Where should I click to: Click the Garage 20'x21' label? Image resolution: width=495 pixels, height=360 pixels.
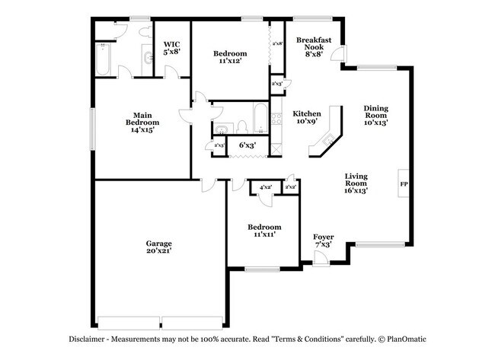158,247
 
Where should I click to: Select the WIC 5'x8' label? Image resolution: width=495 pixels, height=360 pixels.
172,47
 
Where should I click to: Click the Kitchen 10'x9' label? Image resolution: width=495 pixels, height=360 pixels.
307,118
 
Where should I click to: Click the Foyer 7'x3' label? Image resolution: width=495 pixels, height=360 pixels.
324,241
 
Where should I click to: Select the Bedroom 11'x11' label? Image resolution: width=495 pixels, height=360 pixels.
264,231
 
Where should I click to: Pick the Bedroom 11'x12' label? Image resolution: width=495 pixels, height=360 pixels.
230,57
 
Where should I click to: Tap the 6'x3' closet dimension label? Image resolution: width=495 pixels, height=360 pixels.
247,145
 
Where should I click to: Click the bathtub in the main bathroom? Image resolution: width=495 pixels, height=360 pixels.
104,58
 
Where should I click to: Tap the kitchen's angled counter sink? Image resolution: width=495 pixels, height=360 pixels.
329,139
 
